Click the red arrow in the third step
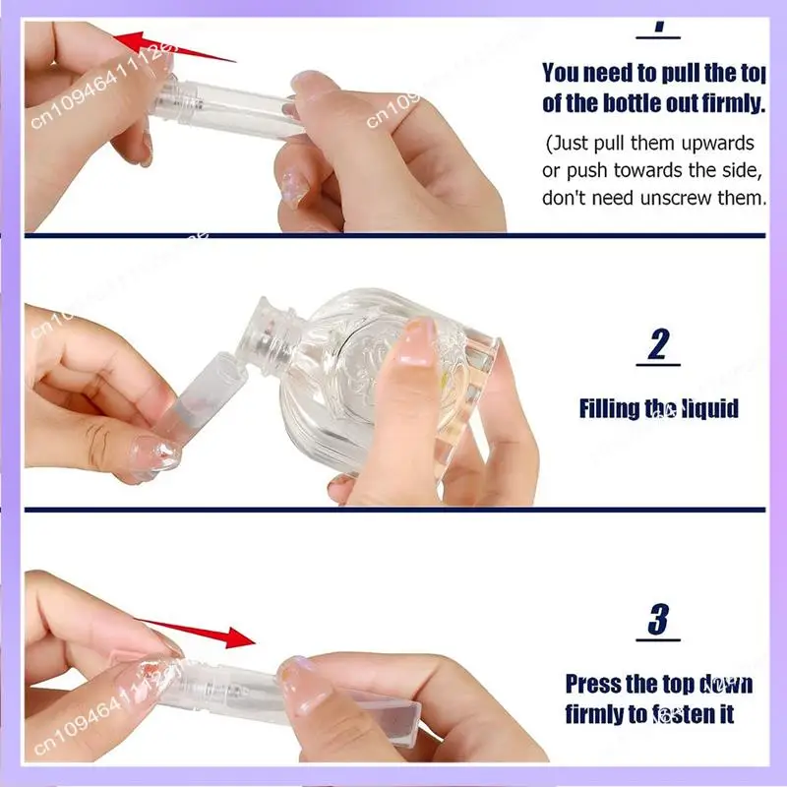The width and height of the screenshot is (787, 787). coord(197,634)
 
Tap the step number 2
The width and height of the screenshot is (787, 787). coord(658,346)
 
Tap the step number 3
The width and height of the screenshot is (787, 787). coord(658,621)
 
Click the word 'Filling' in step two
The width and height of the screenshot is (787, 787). coord(609,407)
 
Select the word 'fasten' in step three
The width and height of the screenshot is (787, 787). coord(678,712)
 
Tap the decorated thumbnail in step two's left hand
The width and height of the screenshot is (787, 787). coord(156,454)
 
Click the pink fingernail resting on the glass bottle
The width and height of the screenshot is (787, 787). coord(418,339)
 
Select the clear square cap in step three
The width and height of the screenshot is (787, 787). coord(374,702)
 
